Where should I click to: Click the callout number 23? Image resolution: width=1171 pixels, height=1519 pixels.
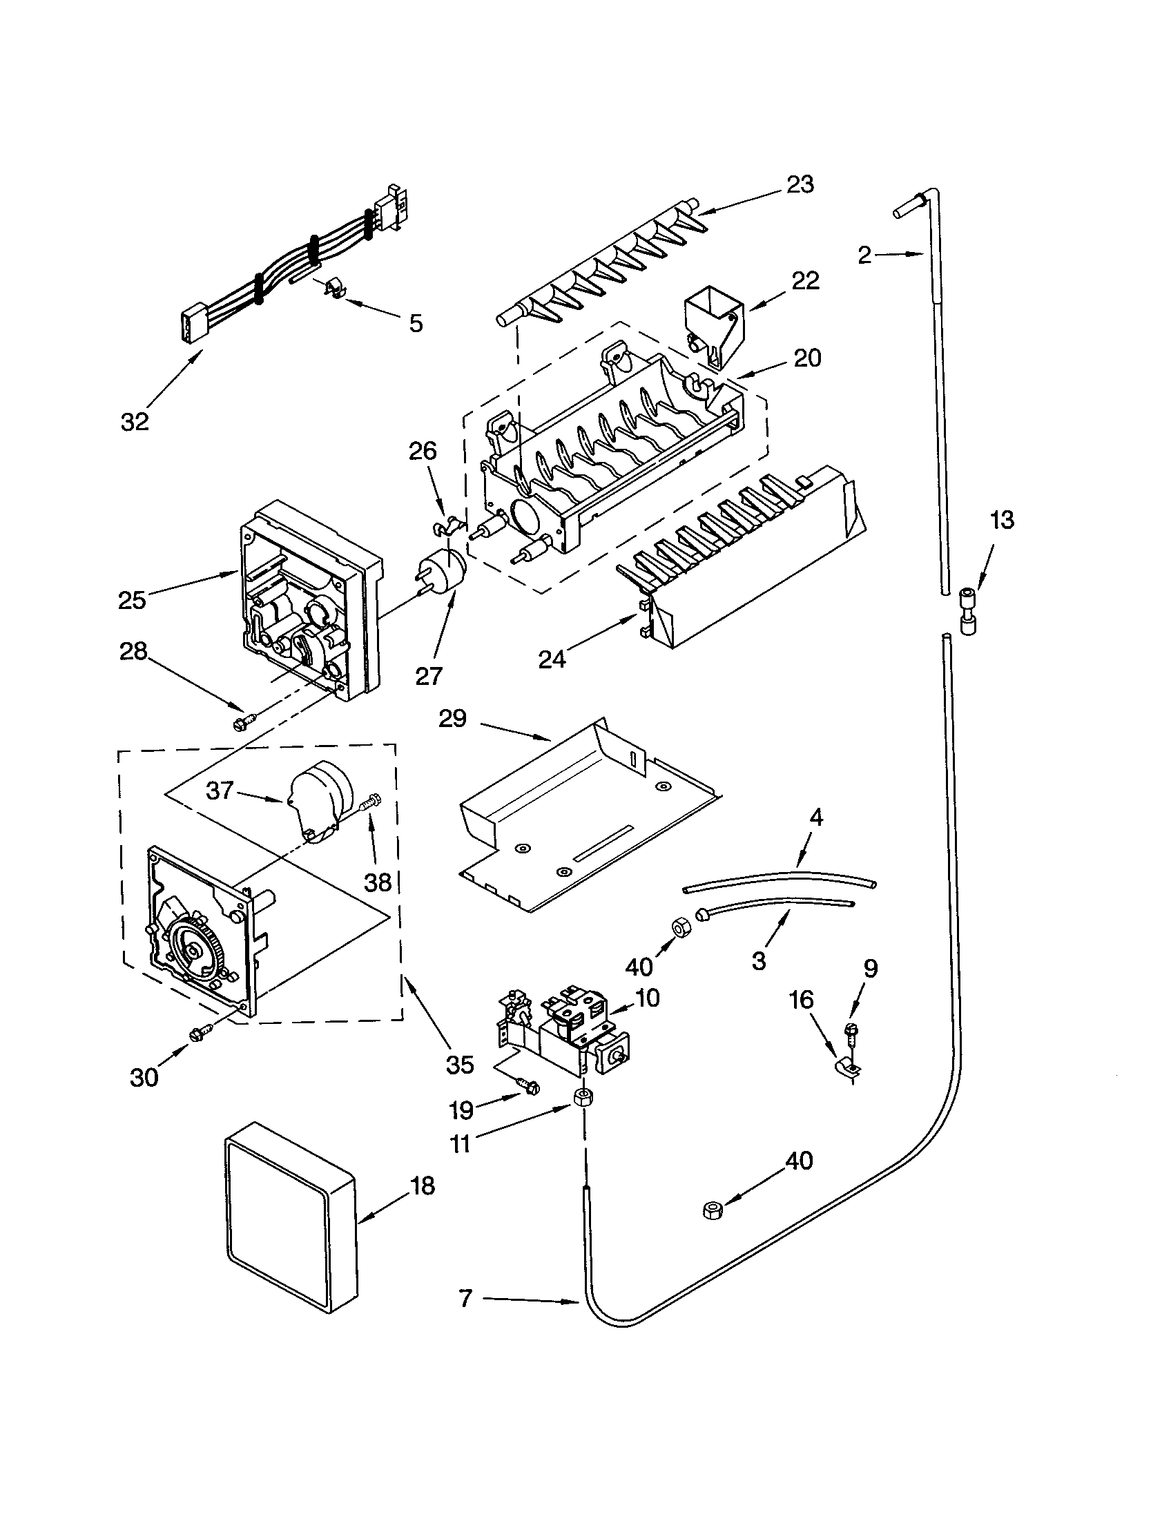click(800, 184)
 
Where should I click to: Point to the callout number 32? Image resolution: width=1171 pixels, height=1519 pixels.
click(134, 420)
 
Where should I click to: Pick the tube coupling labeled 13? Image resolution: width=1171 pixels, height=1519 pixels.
click(967, 610)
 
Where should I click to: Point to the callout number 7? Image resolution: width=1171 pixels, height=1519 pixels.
click(465, 1298)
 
